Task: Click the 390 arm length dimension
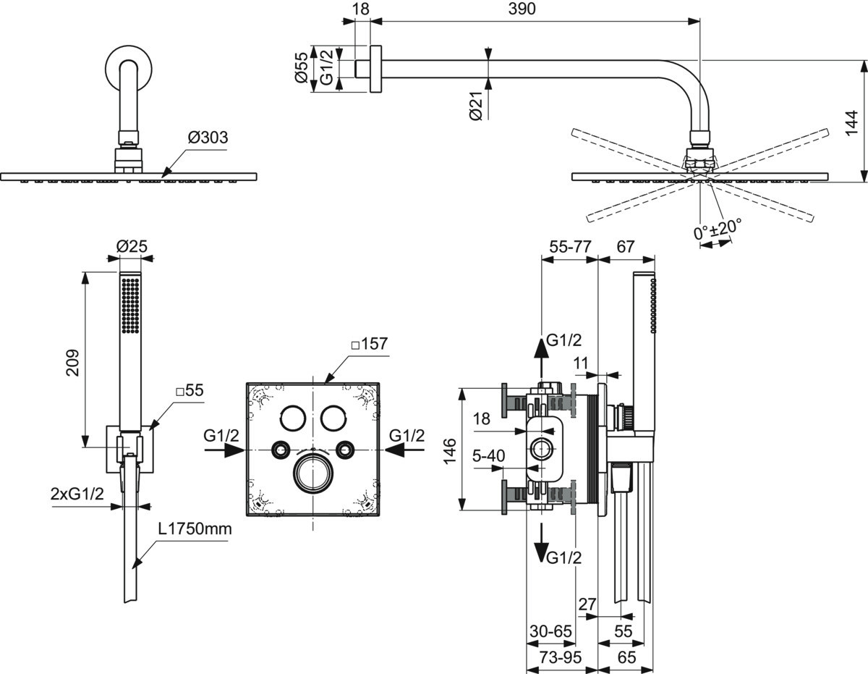pyautogui.click(x=522, y=9)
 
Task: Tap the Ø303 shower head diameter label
pyautogui.click(x=208, y=138)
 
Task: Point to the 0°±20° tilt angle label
pyautogui.click(x=718, y=229)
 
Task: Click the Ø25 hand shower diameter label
pyautogui.click(x=132, y=246)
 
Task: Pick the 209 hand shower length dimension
pyautogui.click(x=73, y=363)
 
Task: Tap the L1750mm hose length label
pyautogui.click(x=195, y=529)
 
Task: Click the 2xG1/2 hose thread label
pyautogui.click(x=77, y=494)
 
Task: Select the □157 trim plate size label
pyautogui.click(x=370, y=343)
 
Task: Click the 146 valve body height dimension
pyautogui.click(x=450, y=450)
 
